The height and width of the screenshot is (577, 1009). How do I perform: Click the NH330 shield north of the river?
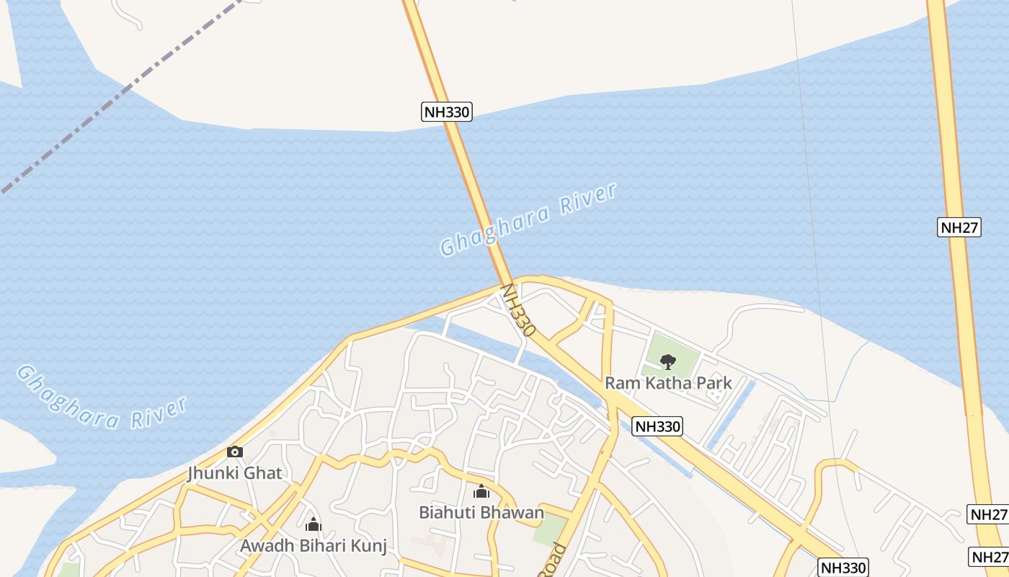(446, 112)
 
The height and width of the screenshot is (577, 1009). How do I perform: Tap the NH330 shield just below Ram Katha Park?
(657, 426)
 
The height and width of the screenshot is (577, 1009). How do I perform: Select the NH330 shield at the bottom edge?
(843, 567)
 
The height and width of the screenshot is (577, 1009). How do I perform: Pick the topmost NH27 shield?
(959, 227)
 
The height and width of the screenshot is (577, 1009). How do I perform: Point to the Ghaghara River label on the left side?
(101, 399)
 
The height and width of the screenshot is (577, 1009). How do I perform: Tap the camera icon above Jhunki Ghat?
(234, 452)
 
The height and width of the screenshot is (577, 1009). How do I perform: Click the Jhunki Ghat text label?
(235, 473)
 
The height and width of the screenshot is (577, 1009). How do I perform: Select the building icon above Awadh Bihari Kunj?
(313, 524)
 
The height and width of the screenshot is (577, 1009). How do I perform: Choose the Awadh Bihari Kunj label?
(313, 545)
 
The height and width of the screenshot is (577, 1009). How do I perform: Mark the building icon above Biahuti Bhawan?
(481, 491)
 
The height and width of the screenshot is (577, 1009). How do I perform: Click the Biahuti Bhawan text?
(481, 513)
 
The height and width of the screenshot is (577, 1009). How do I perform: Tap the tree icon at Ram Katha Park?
(668, 361)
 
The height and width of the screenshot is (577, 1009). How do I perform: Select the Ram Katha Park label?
(668, 383)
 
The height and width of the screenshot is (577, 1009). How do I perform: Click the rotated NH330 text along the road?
(517, 310)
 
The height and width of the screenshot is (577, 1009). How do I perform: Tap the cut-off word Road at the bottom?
(552, 561)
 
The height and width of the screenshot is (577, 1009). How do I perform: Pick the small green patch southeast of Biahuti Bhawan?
(549, 530)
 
